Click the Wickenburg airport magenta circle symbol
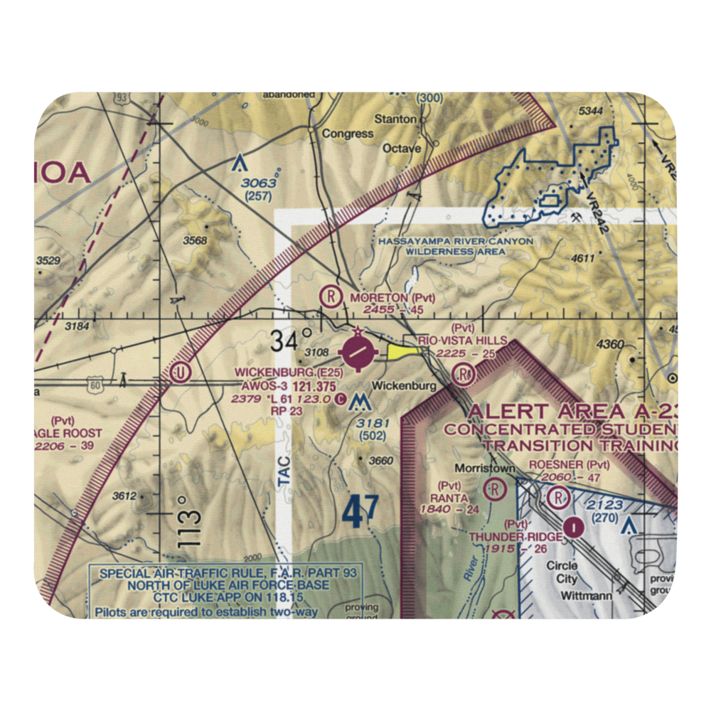pyautogui.click(x=356, y=351)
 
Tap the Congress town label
pyautogui.click(x=347, y=133)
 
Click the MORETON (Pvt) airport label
pyautogui.click(x=391, y=297)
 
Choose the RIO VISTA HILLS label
pyautogui.click(x=462, y=341)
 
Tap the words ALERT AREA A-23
pyautogui.click(x=572, y=411)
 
